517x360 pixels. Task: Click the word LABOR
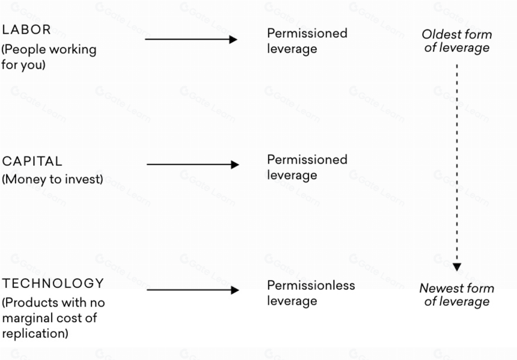point(26,29)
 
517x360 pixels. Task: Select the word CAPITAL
point(32,162)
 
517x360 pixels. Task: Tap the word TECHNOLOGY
point(53,284)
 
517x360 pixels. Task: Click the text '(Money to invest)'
point(52,179)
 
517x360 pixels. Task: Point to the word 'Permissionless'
point(311,285)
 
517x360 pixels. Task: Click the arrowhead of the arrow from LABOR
point(233,40)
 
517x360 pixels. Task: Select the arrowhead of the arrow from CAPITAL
point(235,165)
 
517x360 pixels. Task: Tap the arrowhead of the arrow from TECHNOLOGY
point(235,290)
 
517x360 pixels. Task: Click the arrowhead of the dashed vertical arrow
point(457,267)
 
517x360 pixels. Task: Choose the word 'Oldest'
point(438,34)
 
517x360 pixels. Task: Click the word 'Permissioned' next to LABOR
point(307,33)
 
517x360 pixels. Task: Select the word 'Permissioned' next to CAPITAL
point(307,159)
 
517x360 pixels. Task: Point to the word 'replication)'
point(35,334)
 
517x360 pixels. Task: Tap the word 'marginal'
point(26,319)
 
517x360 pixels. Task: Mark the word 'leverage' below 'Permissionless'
point(292,301)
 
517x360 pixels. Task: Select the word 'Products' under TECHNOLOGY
point(30,303)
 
